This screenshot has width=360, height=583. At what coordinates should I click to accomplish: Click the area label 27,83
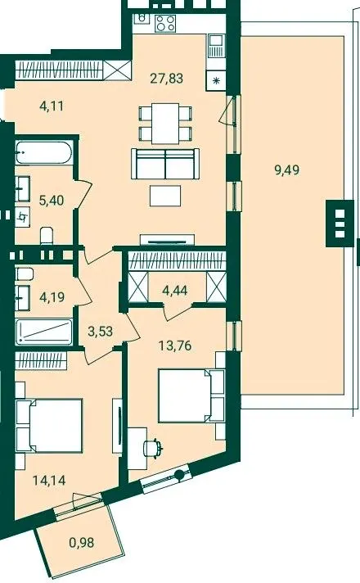tap(166, 79)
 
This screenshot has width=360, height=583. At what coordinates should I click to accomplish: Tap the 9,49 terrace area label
tap(286, 170)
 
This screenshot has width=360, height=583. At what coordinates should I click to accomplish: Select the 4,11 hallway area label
tap(52, 106)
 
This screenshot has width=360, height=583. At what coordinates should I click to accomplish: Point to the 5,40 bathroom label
tap(52, 201)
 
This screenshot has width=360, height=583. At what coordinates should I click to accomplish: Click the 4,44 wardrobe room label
tap(175, 290)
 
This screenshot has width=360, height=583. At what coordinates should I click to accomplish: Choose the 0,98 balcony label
tap(82, 543)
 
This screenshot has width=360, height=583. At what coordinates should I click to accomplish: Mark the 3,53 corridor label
tap(101, 331)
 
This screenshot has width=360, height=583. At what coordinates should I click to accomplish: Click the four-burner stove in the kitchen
tap(165, 23)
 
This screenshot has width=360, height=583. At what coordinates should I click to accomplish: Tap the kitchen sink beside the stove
tap(216, 46)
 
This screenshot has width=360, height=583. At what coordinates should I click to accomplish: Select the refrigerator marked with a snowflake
tap(216, 80)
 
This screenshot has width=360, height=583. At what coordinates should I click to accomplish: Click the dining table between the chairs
tap(165, 123)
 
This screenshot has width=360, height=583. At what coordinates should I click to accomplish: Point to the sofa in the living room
tap(165, 163)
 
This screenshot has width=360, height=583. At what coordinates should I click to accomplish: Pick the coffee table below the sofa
tap(165, 196)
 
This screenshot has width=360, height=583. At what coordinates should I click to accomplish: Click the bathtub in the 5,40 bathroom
tap(43, 152)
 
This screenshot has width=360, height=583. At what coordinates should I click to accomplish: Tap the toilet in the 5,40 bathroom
tap(47, 235)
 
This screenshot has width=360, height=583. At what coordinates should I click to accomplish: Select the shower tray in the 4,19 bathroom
tap(44, 332)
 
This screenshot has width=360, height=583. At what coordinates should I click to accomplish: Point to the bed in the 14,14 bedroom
tap(49, 425)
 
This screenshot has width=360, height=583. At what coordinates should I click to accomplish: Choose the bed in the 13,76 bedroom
tap(191, 395)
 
